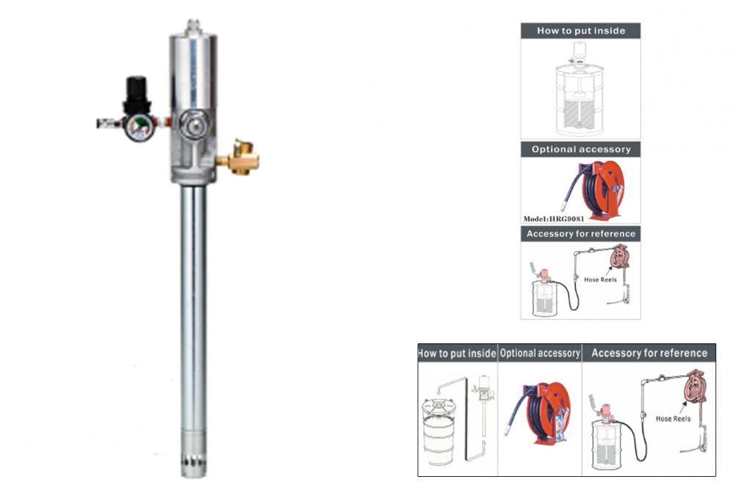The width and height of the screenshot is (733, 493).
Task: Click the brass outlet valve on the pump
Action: (x=239, y=158)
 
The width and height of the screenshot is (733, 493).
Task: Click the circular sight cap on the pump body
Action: (x=192, y=124)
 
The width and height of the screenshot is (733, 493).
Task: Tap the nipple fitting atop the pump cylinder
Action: (x=193, y=26)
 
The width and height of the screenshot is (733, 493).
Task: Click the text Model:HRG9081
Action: (x=553, y=219)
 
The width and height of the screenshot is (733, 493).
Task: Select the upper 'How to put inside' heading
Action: (x=581, y=31)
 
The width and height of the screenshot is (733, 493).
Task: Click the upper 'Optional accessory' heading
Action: (x=581, y=150)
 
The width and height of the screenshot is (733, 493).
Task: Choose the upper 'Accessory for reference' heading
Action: (x=581, y=233)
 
